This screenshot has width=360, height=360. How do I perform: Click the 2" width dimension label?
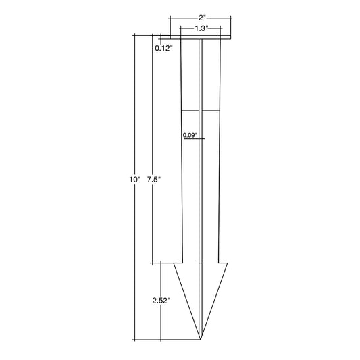[x=202, y=18]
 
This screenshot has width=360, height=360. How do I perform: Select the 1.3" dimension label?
[x=201, y=28]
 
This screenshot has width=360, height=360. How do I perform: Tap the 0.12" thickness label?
[x=163, y=48]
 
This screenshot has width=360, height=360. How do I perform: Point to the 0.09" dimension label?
[x=190, y=135]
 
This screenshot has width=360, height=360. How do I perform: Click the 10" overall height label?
[x=134, y=180]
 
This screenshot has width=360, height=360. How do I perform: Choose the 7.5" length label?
[x=153, y=180]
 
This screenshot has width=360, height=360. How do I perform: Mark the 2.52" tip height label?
[x=161, y=301]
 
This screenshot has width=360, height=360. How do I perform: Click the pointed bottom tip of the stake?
[x=201, y=339]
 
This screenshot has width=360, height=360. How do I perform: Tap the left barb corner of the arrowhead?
[x=174, y=263]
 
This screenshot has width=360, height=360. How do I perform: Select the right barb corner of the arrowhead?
[x=228, y=263]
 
